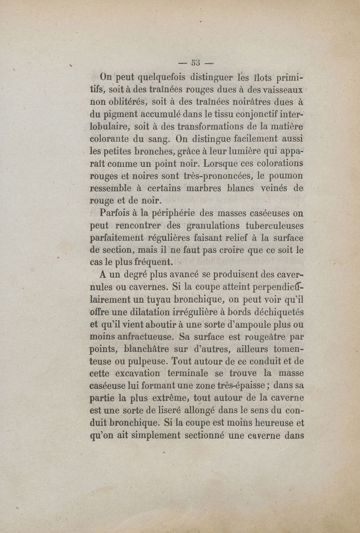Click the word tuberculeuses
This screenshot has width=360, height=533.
tap(276, 225)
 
